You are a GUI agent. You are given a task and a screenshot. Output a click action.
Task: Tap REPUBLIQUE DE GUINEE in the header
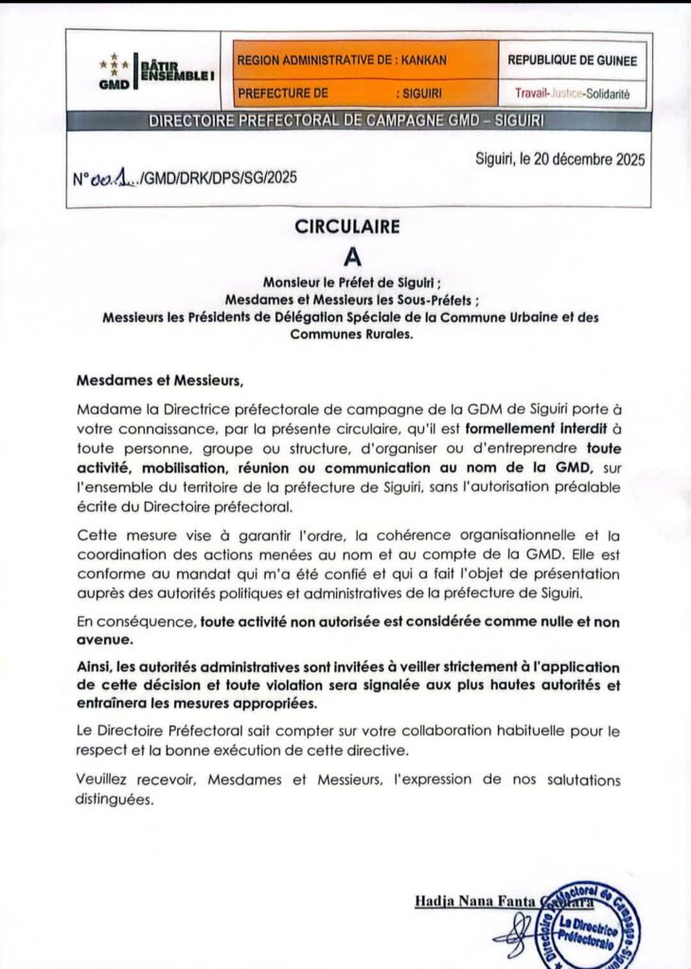pos(573,60)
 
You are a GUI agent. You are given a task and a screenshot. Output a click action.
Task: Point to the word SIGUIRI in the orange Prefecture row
pos(420,95)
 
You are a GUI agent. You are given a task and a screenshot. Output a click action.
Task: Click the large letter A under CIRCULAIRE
pos(345,256)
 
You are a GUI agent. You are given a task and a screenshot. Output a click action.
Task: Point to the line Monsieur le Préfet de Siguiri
pos(345,282)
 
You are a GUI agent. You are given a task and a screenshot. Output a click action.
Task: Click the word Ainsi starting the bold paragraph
pos(96,666)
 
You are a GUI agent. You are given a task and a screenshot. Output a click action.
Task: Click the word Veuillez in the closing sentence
pos(103,780)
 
